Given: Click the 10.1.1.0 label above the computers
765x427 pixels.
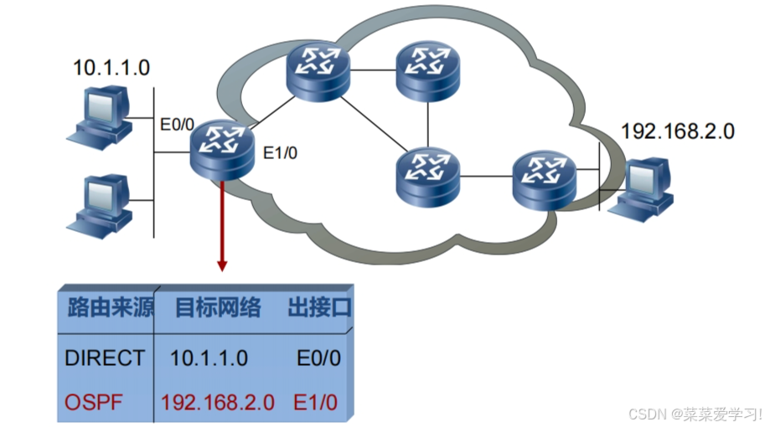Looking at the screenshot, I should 111,68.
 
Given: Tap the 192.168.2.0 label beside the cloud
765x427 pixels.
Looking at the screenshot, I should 677,131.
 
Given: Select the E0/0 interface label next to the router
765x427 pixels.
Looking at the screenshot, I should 177,125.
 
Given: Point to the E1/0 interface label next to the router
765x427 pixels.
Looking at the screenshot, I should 280,153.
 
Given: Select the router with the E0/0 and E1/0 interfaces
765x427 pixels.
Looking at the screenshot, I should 221,151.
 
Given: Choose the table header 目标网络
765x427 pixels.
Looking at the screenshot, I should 217,307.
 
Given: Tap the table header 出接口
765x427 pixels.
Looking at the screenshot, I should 318,307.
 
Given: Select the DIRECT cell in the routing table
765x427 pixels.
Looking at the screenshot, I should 104,358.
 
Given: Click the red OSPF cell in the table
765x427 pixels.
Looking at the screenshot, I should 94,402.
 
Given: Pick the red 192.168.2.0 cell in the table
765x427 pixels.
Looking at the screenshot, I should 218,402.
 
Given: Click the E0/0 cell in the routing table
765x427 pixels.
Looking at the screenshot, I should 318,358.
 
